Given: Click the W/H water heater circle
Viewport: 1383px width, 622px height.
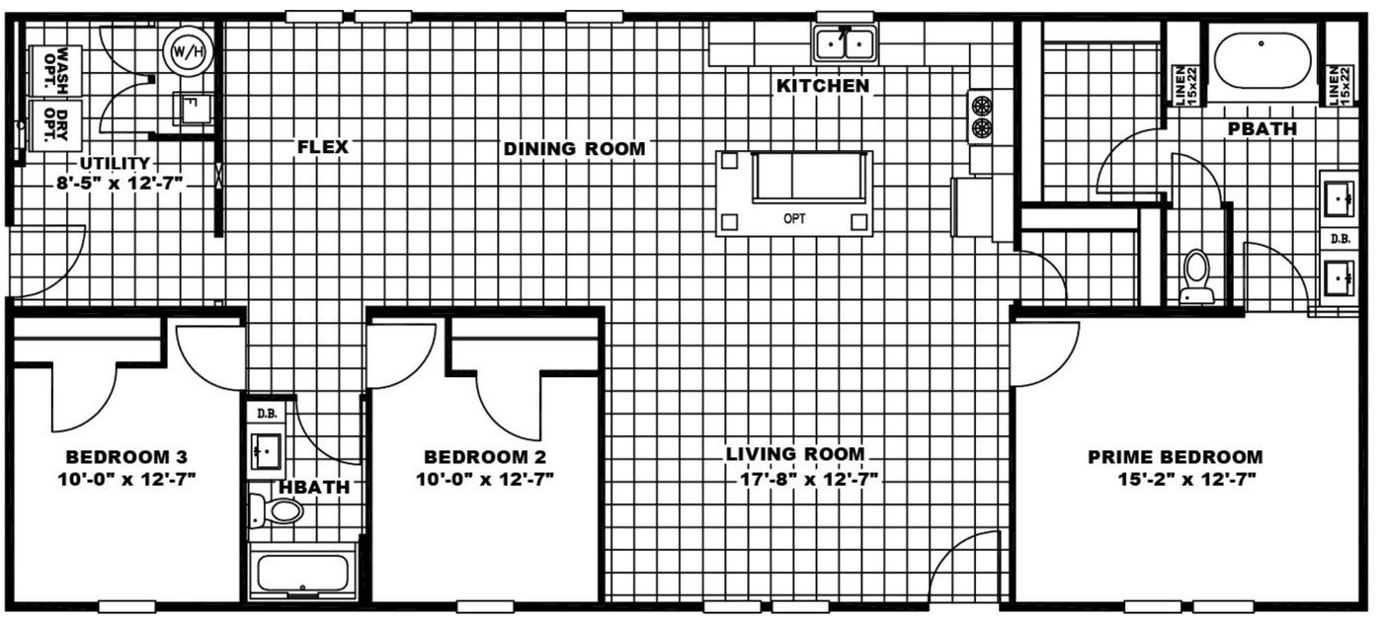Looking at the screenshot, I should [x=188, y=49].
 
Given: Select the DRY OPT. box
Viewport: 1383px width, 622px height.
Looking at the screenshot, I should [x=55, y=123].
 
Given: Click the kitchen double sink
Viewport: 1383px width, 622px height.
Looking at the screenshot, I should [x=845, y=44].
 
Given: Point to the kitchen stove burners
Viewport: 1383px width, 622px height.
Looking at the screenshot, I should [x=980, y=117].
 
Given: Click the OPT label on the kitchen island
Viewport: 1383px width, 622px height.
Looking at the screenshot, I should [x=794, y=219].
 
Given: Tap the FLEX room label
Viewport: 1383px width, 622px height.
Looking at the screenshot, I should [x=323, y=147].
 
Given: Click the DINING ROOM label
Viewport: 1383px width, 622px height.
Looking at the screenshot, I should [x=574, y=149].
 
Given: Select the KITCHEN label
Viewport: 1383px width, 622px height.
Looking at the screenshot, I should [x=823, y=86].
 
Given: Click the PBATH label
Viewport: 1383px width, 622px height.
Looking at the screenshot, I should [x=1261, y=129].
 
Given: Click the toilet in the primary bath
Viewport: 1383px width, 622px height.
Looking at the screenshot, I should [x=1196, y=275].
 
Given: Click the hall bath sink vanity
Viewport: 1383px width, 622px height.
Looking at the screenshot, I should [x=266, y=451].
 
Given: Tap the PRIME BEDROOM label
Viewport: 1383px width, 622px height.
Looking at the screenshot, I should [x=1175, y=457].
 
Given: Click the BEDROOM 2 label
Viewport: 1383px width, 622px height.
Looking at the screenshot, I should [x=484, y=457].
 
